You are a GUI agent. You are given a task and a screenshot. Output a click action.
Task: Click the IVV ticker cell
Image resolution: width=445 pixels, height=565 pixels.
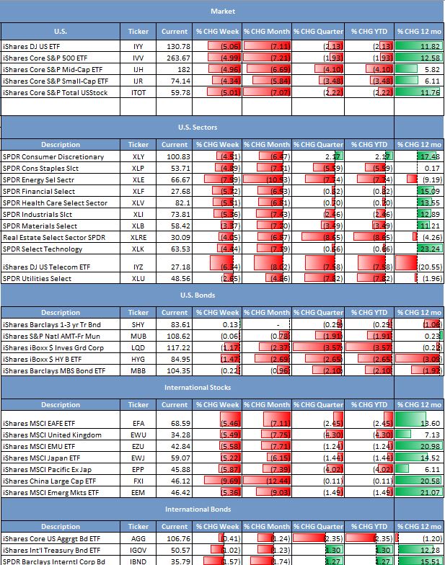(x=138, y=58)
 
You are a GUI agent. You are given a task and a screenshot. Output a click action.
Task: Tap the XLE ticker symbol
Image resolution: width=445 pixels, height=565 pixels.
(x=138, y=179)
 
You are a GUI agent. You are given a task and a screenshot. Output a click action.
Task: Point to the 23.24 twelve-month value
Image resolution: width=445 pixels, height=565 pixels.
(x=430, y=249)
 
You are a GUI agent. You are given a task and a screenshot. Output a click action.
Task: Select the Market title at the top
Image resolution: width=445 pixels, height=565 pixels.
(x=222, y=11)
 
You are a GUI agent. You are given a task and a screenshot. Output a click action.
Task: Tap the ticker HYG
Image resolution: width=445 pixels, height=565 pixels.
(x=138, y=358)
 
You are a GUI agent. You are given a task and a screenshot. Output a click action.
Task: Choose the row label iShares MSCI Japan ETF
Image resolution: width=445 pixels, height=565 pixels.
(x=45, y=458)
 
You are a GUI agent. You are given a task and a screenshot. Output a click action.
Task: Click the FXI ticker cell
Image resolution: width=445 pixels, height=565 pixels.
(x=138, y=481)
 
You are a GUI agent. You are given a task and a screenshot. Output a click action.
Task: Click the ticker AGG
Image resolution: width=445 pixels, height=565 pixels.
(x=138, y=538)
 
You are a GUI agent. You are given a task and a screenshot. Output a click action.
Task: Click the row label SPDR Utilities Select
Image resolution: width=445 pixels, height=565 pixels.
(x=38, y=278)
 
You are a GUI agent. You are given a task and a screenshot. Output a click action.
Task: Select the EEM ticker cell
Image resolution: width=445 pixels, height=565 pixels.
(x=138, y=492)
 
